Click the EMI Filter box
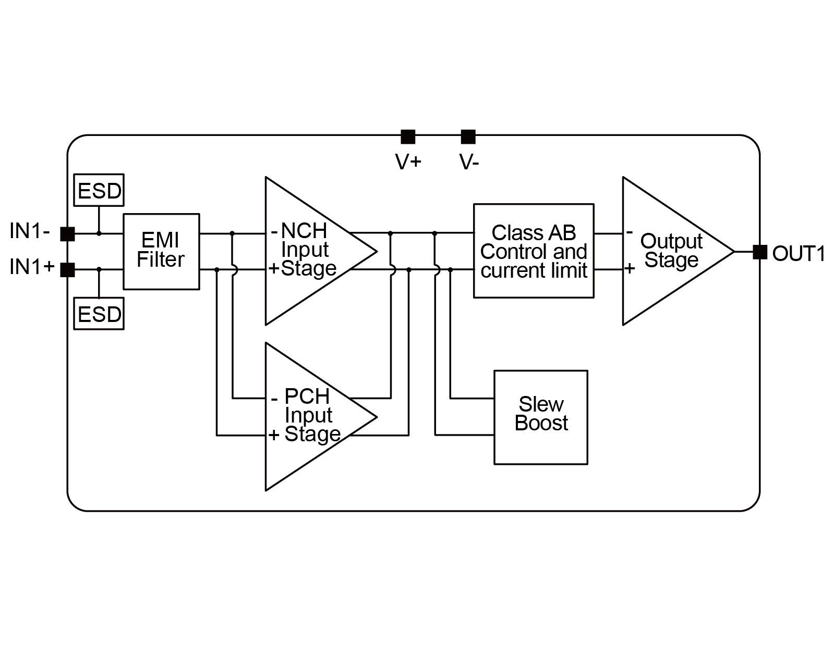tap(161, 251)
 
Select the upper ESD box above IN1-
tap(99, 191)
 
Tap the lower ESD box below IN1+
tap(99, 314)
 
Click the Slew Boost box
tap(541, 417)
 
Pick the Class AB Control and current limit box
tap(534, 251)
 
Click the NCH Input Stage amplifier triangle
tap(308, 251)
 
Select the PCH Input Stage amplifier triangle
tap(308, 416)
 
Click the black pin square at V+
tap(408, 137)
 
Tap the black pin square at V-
tap(468, 137)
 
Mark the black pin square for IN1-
tap(68, 234)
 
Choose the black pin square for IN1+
tap(68, 270)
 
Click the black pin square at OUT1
tap(760, 252)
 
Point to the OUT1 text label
tap(799, 254)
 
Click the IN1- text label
tap(30, 231)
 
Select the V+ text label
tap(408, 162)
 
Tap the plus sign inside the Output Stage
tap(630, 268)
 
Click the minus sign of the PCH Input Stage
tap(274, 400)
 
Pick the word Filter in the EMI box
tap(161, 259)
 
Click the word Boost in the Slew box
tap(541, 423)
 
